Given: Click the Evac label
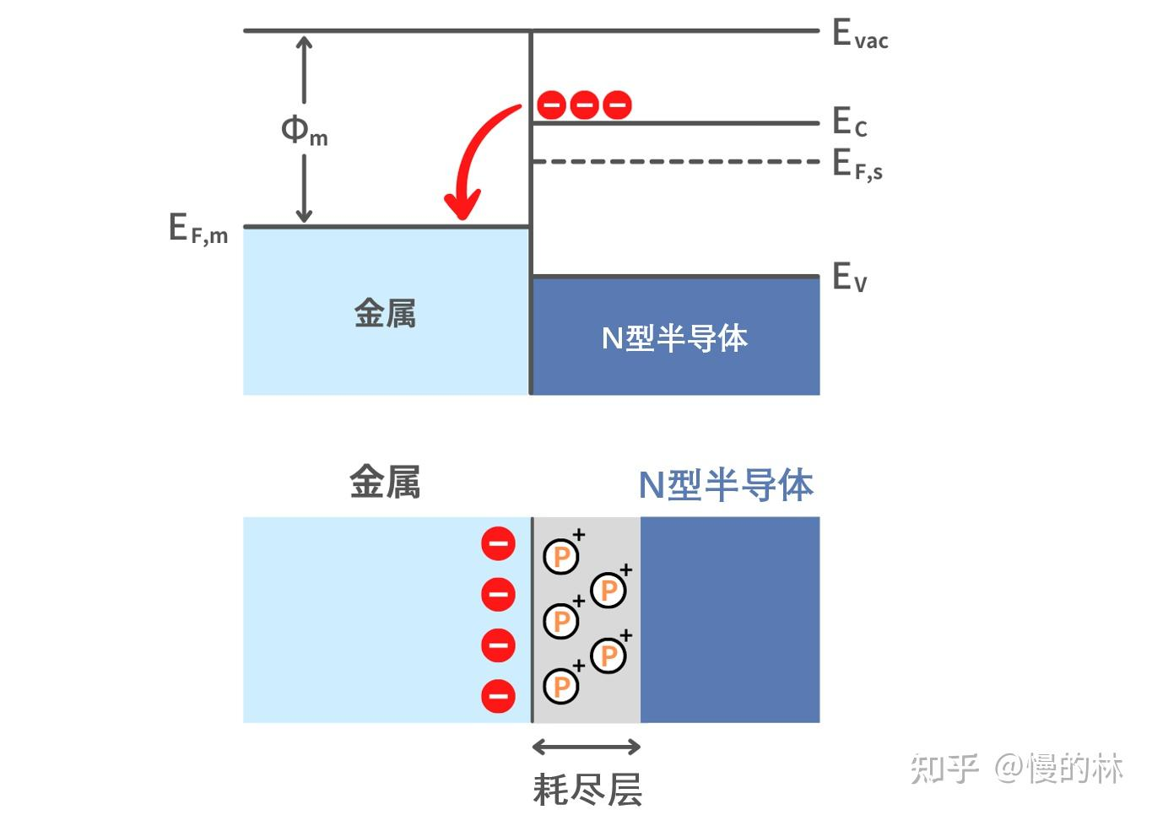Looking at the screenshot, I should [x=859, y=35].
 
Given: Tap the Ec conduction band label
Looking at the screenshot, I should [x=849, y=122].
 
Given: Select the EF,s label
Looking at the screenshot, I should [x=857, y=165].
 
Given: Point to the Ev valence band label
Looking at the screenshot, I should [x=849, y=277].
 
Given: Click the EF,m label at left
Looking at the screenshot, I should [x=198, y=229].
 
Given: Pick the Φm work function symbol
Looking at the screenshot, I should [x=304, y=131].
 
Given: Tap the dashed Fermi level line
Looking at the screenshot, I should [x=675, y=161].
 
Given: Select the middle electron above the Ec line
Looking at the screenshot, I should [x=584, y=105].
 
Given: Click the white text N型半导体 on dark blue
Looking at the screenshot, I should [x=674, y=338].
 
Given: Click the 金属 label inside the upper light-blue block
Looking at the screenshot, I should [x=385, y=313].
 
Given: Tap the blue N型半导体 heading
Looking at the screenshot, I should [x=726, y=485].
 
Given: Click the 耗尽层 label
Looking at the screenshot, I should [x=587, y=790].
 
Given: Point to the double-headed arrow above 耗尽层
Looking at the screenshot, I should [x=587, y=747].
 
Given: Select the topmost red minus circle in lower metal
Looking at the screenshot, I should [x=498, y=543].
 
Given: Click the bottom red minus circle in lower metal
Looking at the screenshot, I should [x=498, y=696].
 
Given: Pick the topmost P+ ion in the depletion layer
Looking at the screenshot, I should [x=561, y=556].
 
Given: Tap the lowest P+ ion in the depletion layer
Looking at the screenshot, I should [x=561, y=686].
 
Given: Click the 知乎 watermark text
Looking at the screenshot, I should [x=944, y=769].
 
